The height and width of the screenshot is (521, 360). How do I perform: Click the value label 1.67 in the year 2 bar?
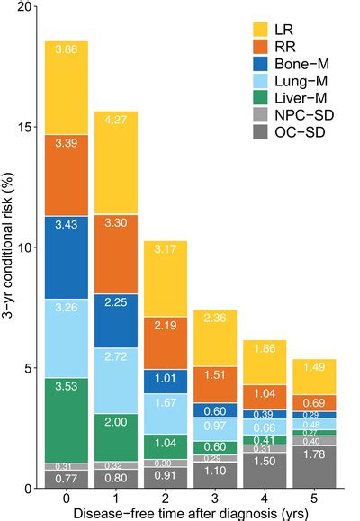[165, 401]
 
